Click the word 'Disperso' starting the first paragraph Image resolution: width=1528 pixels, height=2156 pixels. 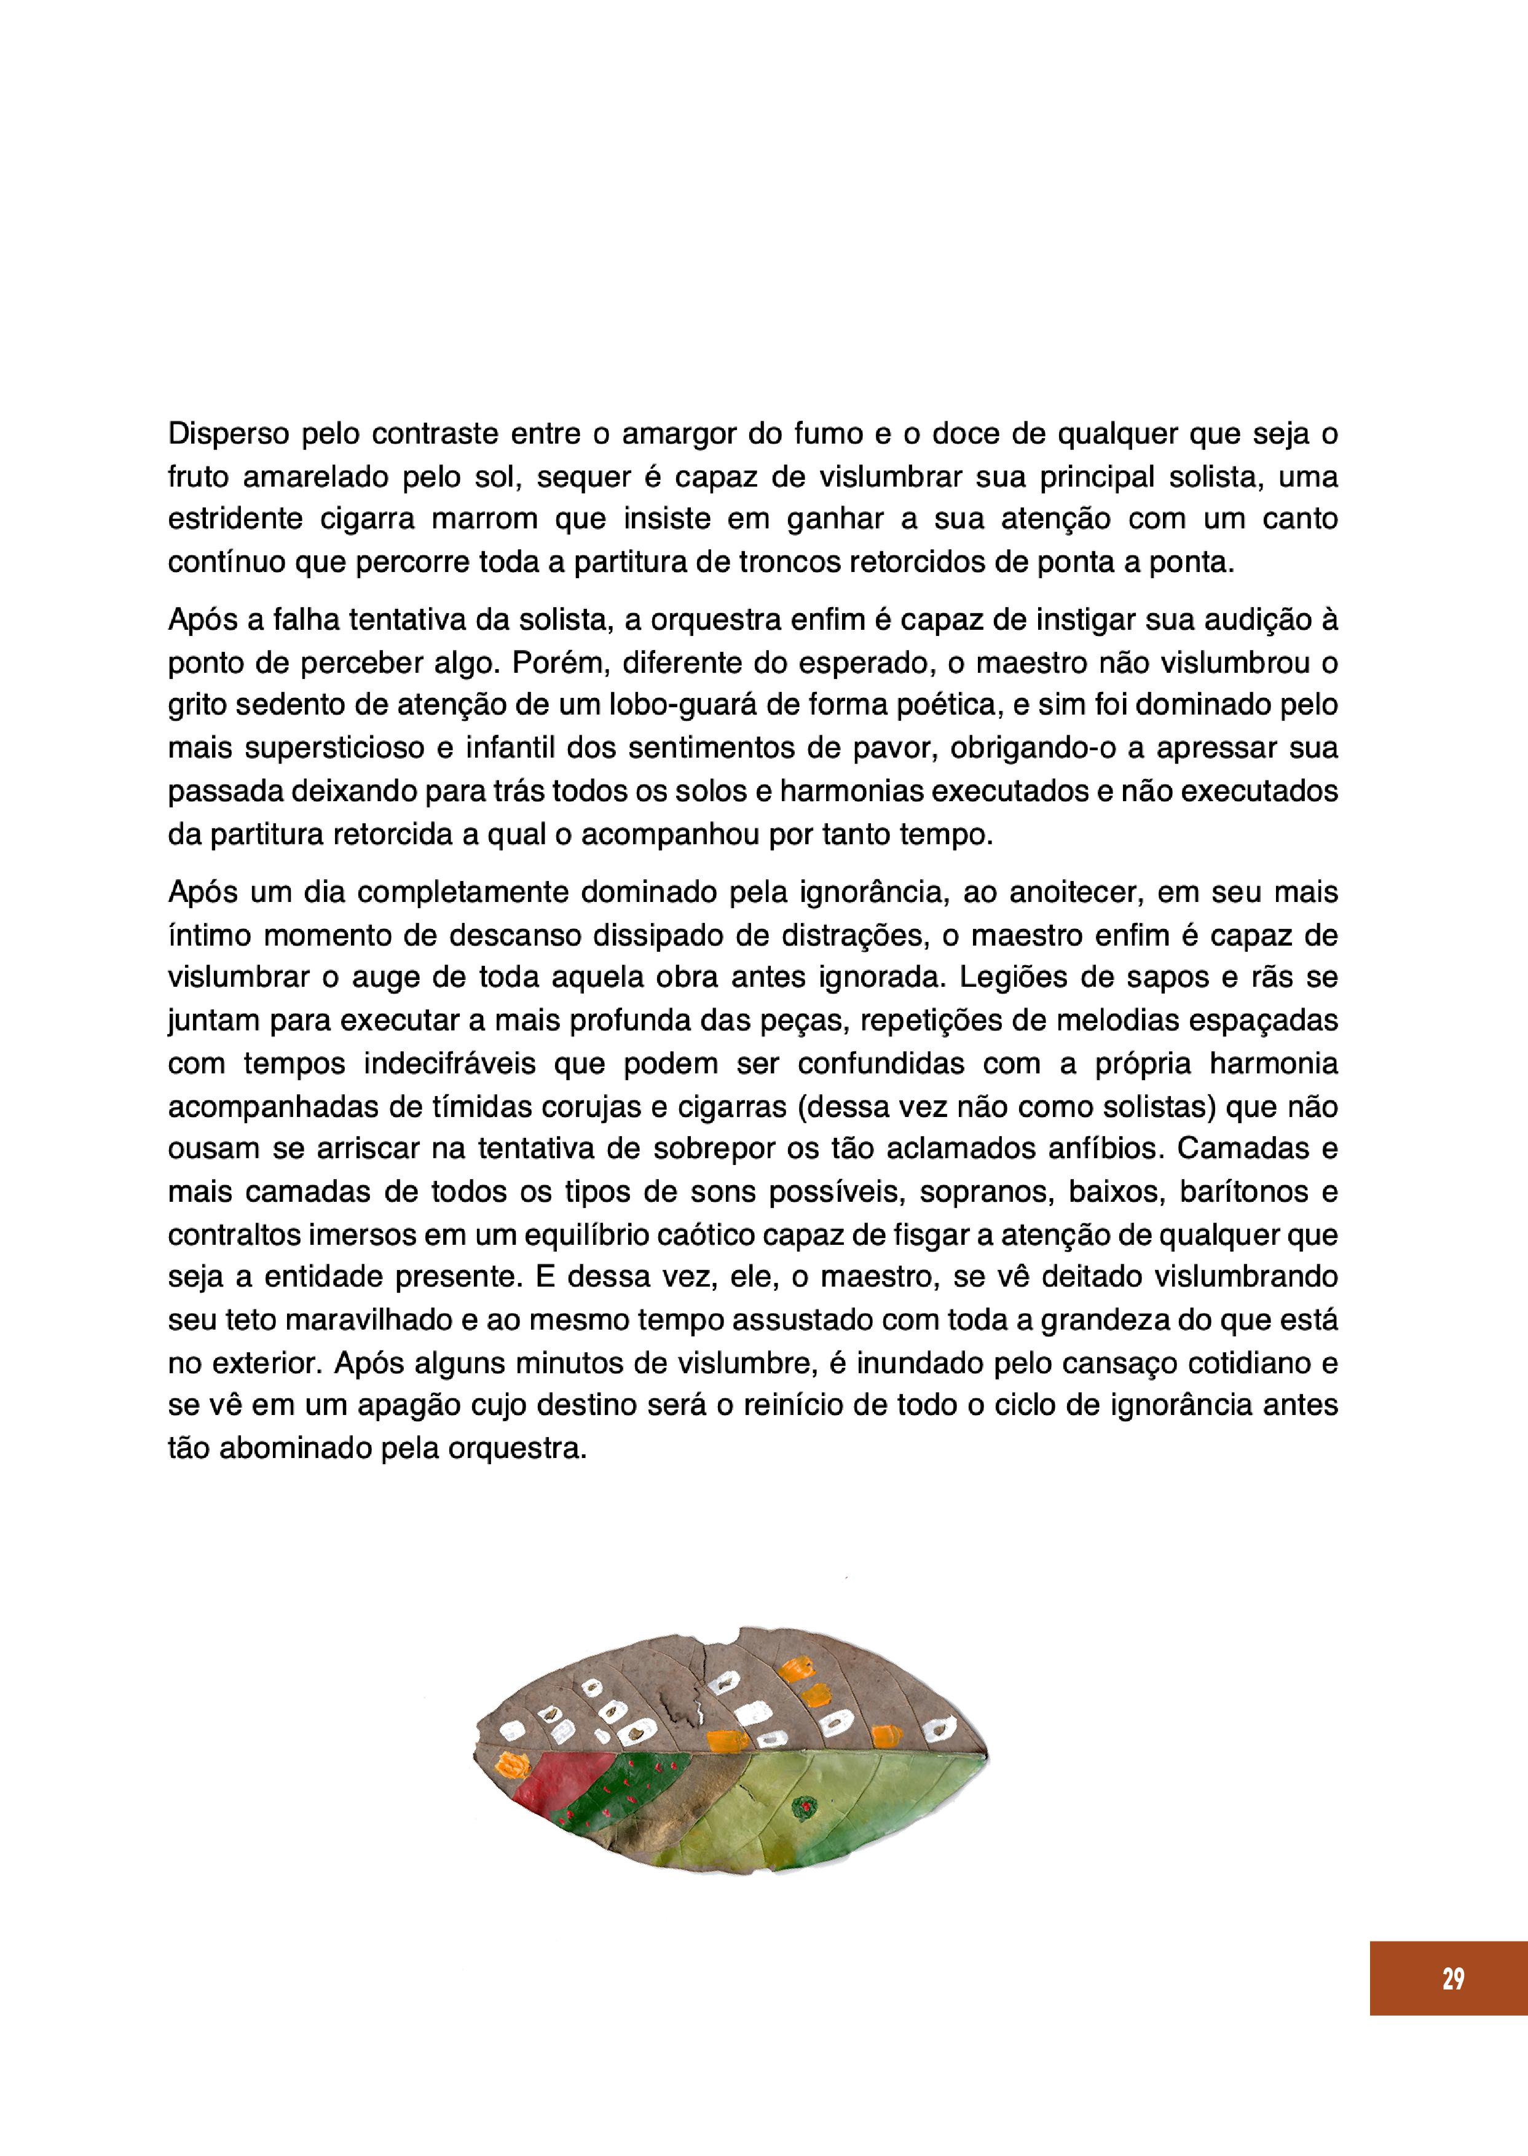click(x=225, y=434)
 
